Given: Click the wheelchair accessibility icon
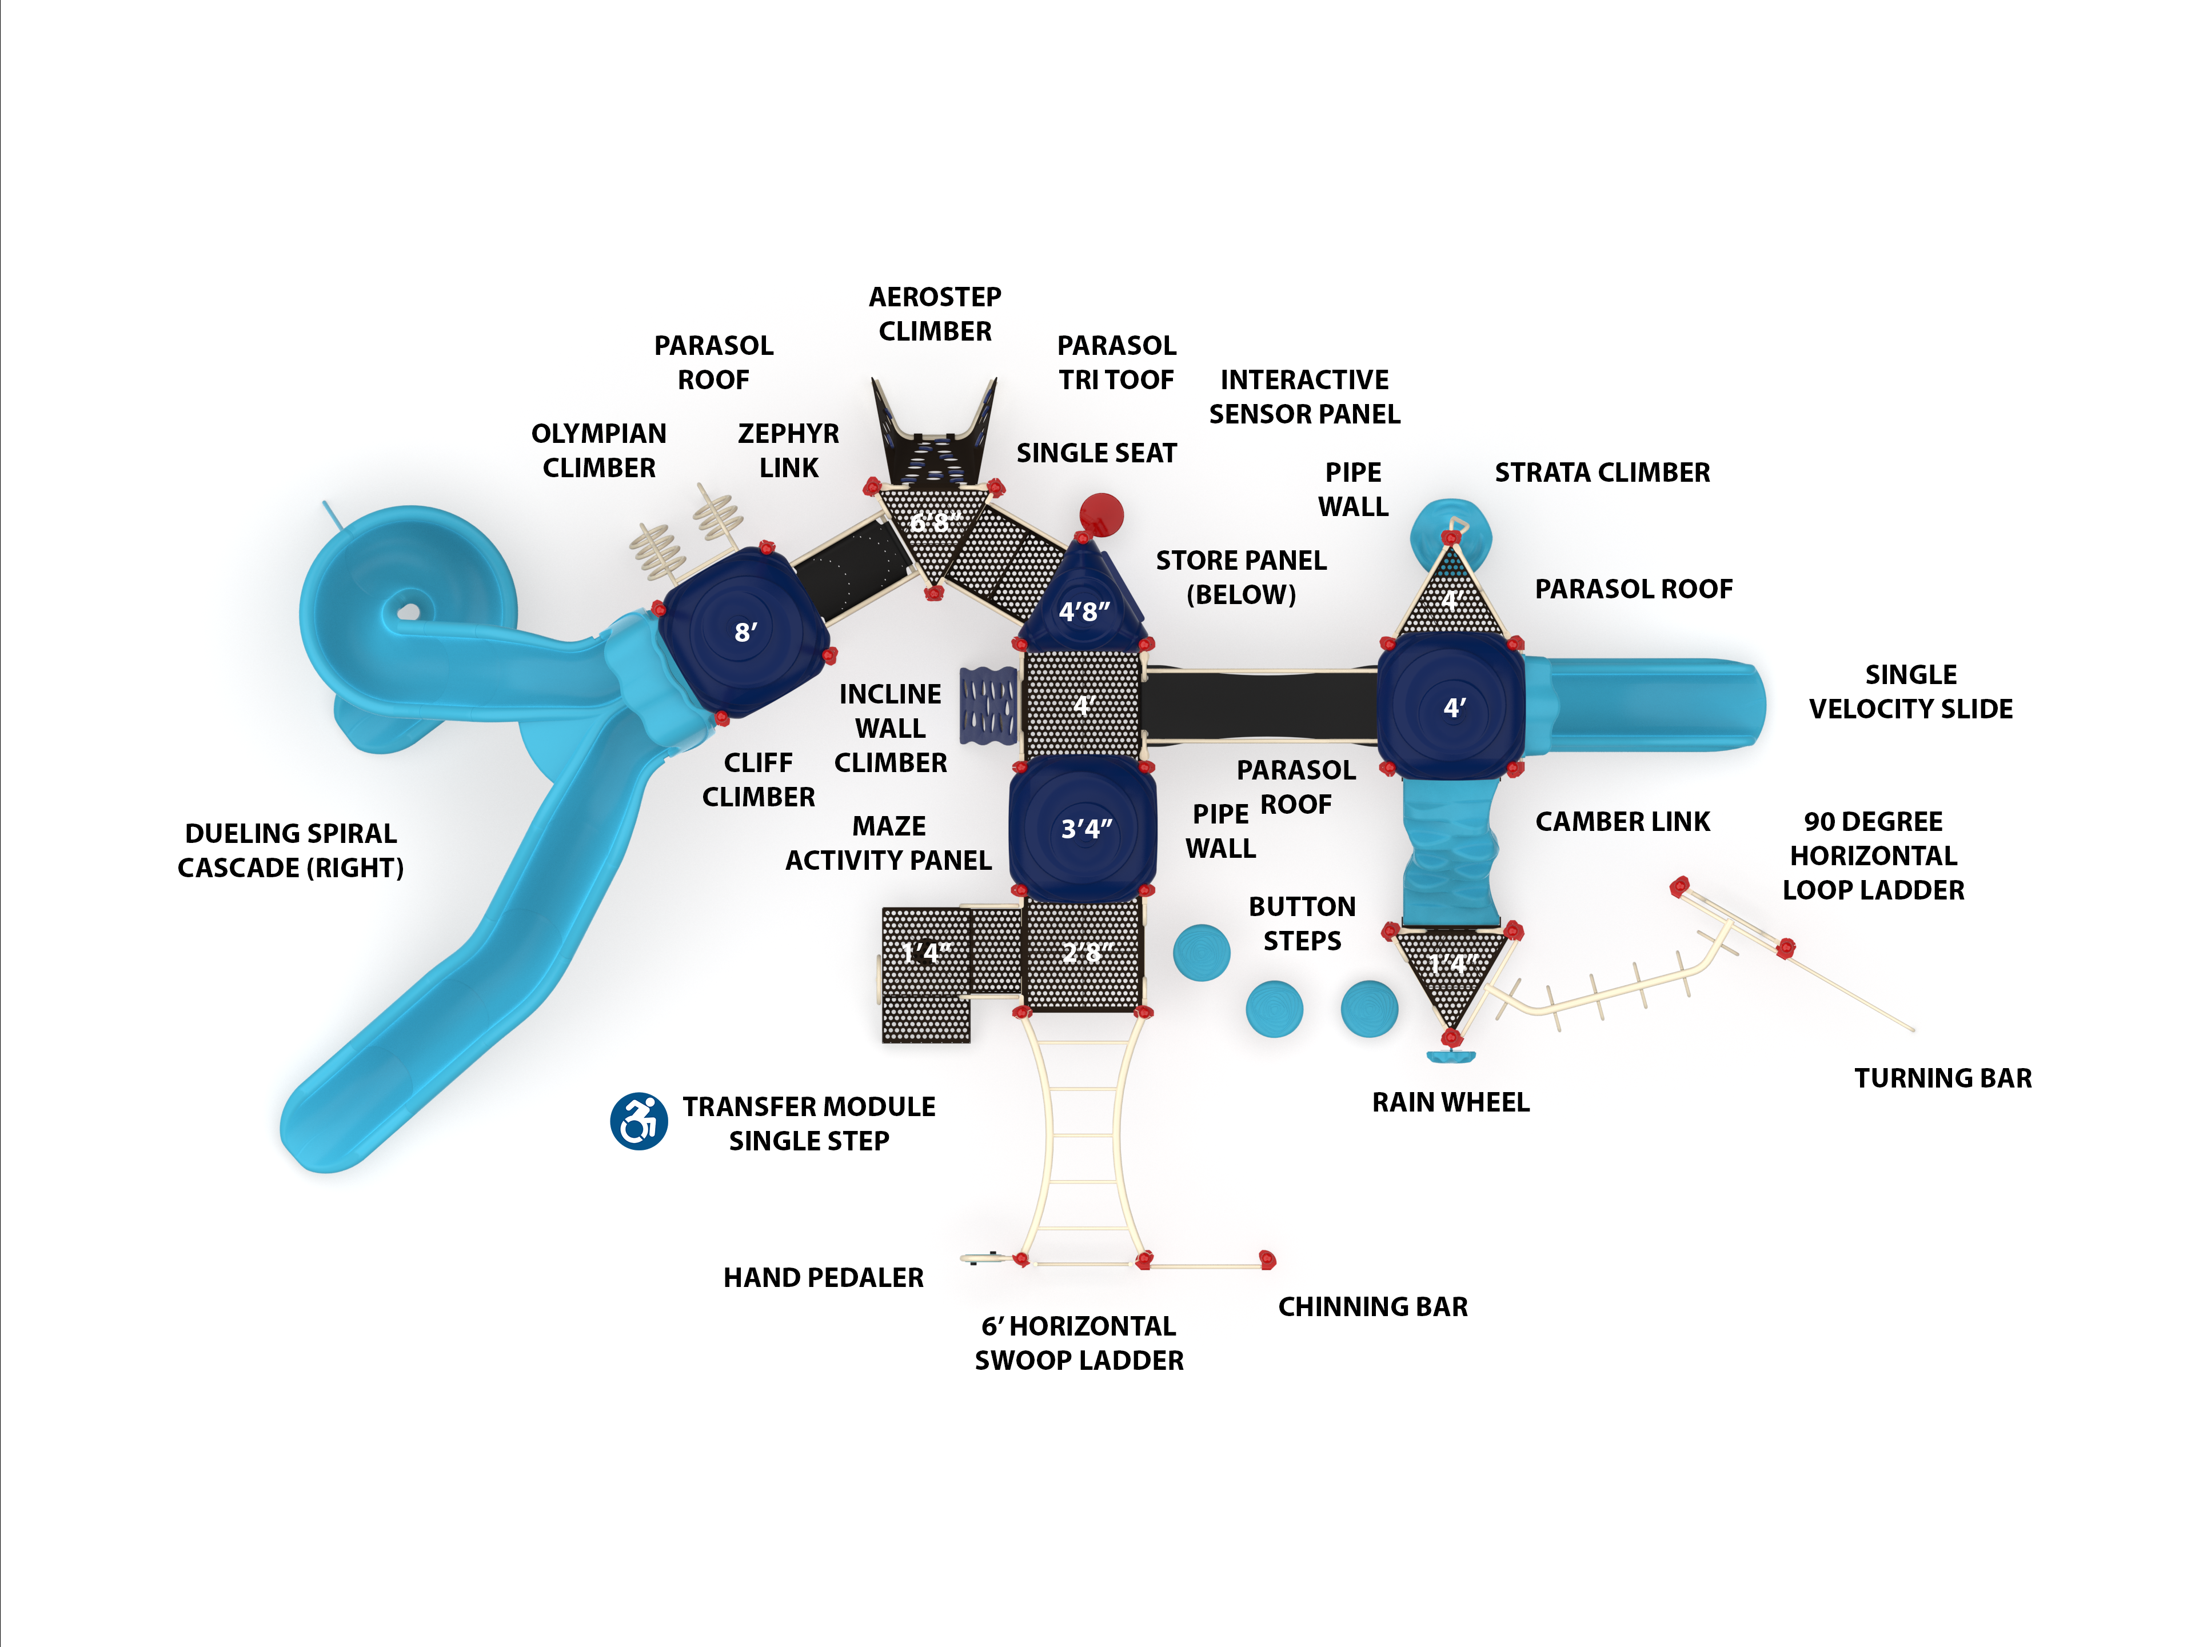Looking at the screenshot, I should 638,1121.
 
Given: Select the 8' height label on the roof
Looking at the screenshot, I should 746,632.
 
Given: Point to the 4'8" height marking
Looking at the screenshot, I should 1084,611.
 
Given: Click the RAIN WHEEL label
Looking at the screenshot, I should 1450,1102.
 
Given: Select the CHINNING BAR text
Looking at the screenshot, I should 1372,1307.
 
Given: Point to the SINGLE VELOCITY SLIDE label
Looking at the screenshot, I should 1910,691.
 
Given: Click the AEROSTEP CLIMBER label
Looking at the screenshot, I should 935,314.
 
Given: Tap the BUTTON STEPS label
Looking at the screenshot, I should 1302,924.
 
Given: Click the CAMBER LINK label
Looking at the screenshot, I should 1622,822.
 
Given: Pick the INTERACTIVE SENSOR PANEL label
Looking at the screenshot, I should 1304,397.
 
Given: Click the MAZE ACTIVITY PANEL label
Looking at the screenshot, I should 888,844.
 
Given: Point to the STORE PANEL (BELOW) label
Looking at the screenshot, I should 1240,577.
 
